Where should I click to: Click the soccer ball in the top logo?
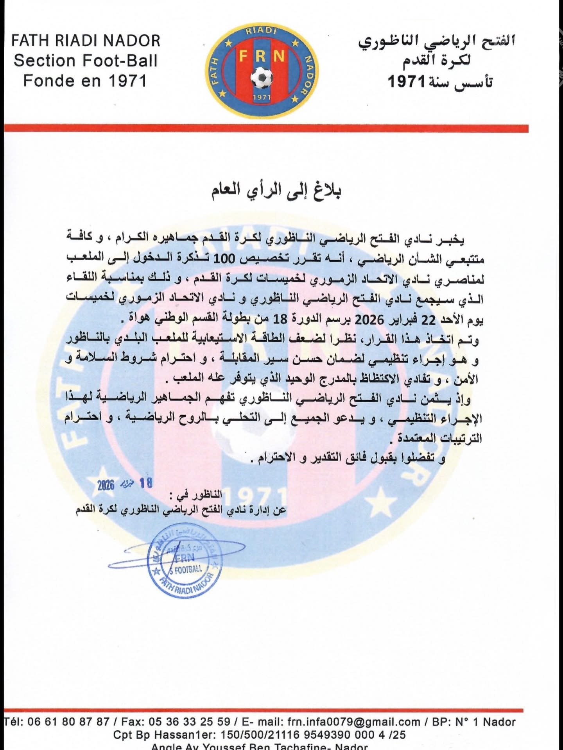coord(262,77)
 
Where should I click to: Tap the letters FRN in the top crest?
coord(262,57)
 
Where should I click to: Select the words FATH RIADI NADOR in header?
coord(86,41)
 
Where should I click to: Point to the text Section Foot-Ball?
coord(86,61)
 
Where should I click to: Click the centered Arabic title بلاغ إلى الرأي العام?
coord(276,193)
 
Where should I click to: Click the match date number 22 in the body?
coord(427,320)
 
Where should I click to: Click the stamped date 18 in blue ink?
coord(146,484)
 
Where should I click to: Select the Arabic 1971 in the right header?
coord(406,82)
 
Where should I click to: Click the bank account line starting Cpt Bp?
coord(259,735)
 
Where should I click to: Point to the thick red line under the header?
coord(266,129)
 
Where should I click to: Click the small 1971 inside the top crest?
coord(262,97)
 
